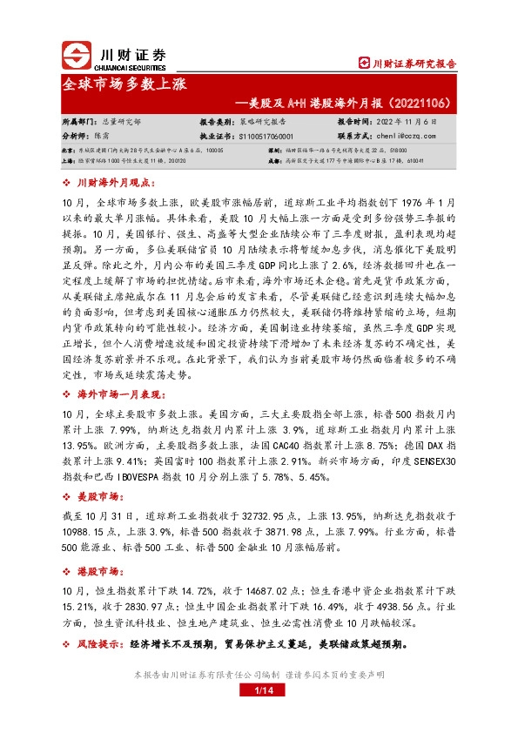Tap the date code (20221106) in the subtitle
415,104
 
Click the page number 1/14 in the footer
258,691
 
